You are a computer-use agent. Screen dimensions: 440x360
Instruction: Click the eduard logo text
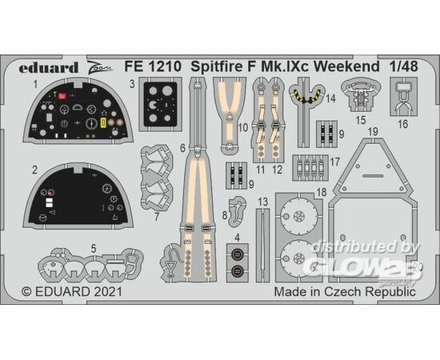[48, 68]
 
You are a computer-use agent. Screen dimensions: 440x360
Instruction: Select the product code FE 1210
[153, 66]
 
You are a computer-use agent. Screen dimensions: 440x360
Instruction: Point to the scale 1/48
[403, 66]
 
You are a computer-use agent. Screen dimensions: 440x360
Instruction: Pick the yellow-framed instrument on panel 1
[103, 122]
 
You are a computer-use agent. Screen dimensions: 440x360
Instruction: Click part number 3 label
[132, 84]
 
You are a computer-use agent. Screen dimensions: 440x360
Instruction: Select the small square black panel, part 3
[160, 104]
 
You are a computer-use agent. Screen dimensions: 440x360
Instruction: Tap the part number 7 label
[157, 217]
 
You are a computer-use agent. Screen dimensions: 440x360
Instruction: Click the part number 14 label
[331, 98]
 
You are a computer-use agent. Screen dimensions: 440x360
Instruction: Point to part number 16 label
[403, 124]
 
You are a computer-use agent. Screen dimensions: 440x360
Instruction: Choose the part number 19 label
[374, 132]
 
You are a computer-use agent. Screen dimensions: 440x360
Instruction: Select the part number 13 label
[263, 202]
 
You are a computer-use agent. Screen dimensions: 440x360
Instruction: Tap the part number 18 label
[322, 192]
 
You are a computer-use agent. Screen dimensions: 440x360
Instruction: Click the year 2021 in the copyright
[108, 292]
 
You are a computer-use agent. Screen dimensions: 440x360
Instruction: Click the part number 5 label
[94, 249]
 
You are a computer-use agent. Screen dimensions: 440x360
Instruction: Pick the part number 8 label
[225, 215]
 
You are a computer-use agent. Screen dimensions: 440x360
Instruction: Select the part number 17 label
[335, 162]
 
